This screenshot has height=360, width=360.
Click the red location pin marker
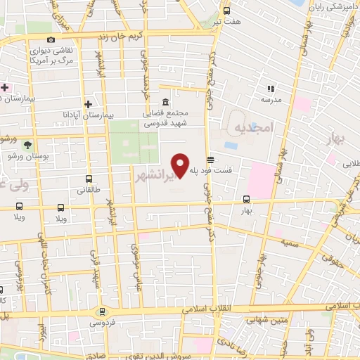click(180, 164)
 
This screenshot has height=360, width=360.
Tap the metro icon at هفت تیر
click(226, 11)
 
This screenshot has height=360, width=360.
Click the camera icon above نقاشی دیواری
click(51, 40)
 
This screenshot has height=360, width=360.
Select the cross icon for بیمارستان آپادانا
click(87, 103)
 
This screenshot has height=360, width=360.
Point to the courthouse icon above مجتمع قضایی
click(165, 102)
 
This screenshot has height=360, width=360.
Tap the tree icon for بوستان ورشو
click(28, 143)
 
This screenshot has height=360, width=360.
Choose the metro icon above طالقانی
click(88, 179)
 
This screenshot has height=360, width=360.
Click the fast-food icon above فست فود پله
click(210, 160)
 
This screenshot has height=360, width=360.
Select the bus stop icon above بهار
click(245, 199)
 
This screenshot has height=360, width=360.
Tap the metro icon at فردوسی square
click(103, 312)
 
